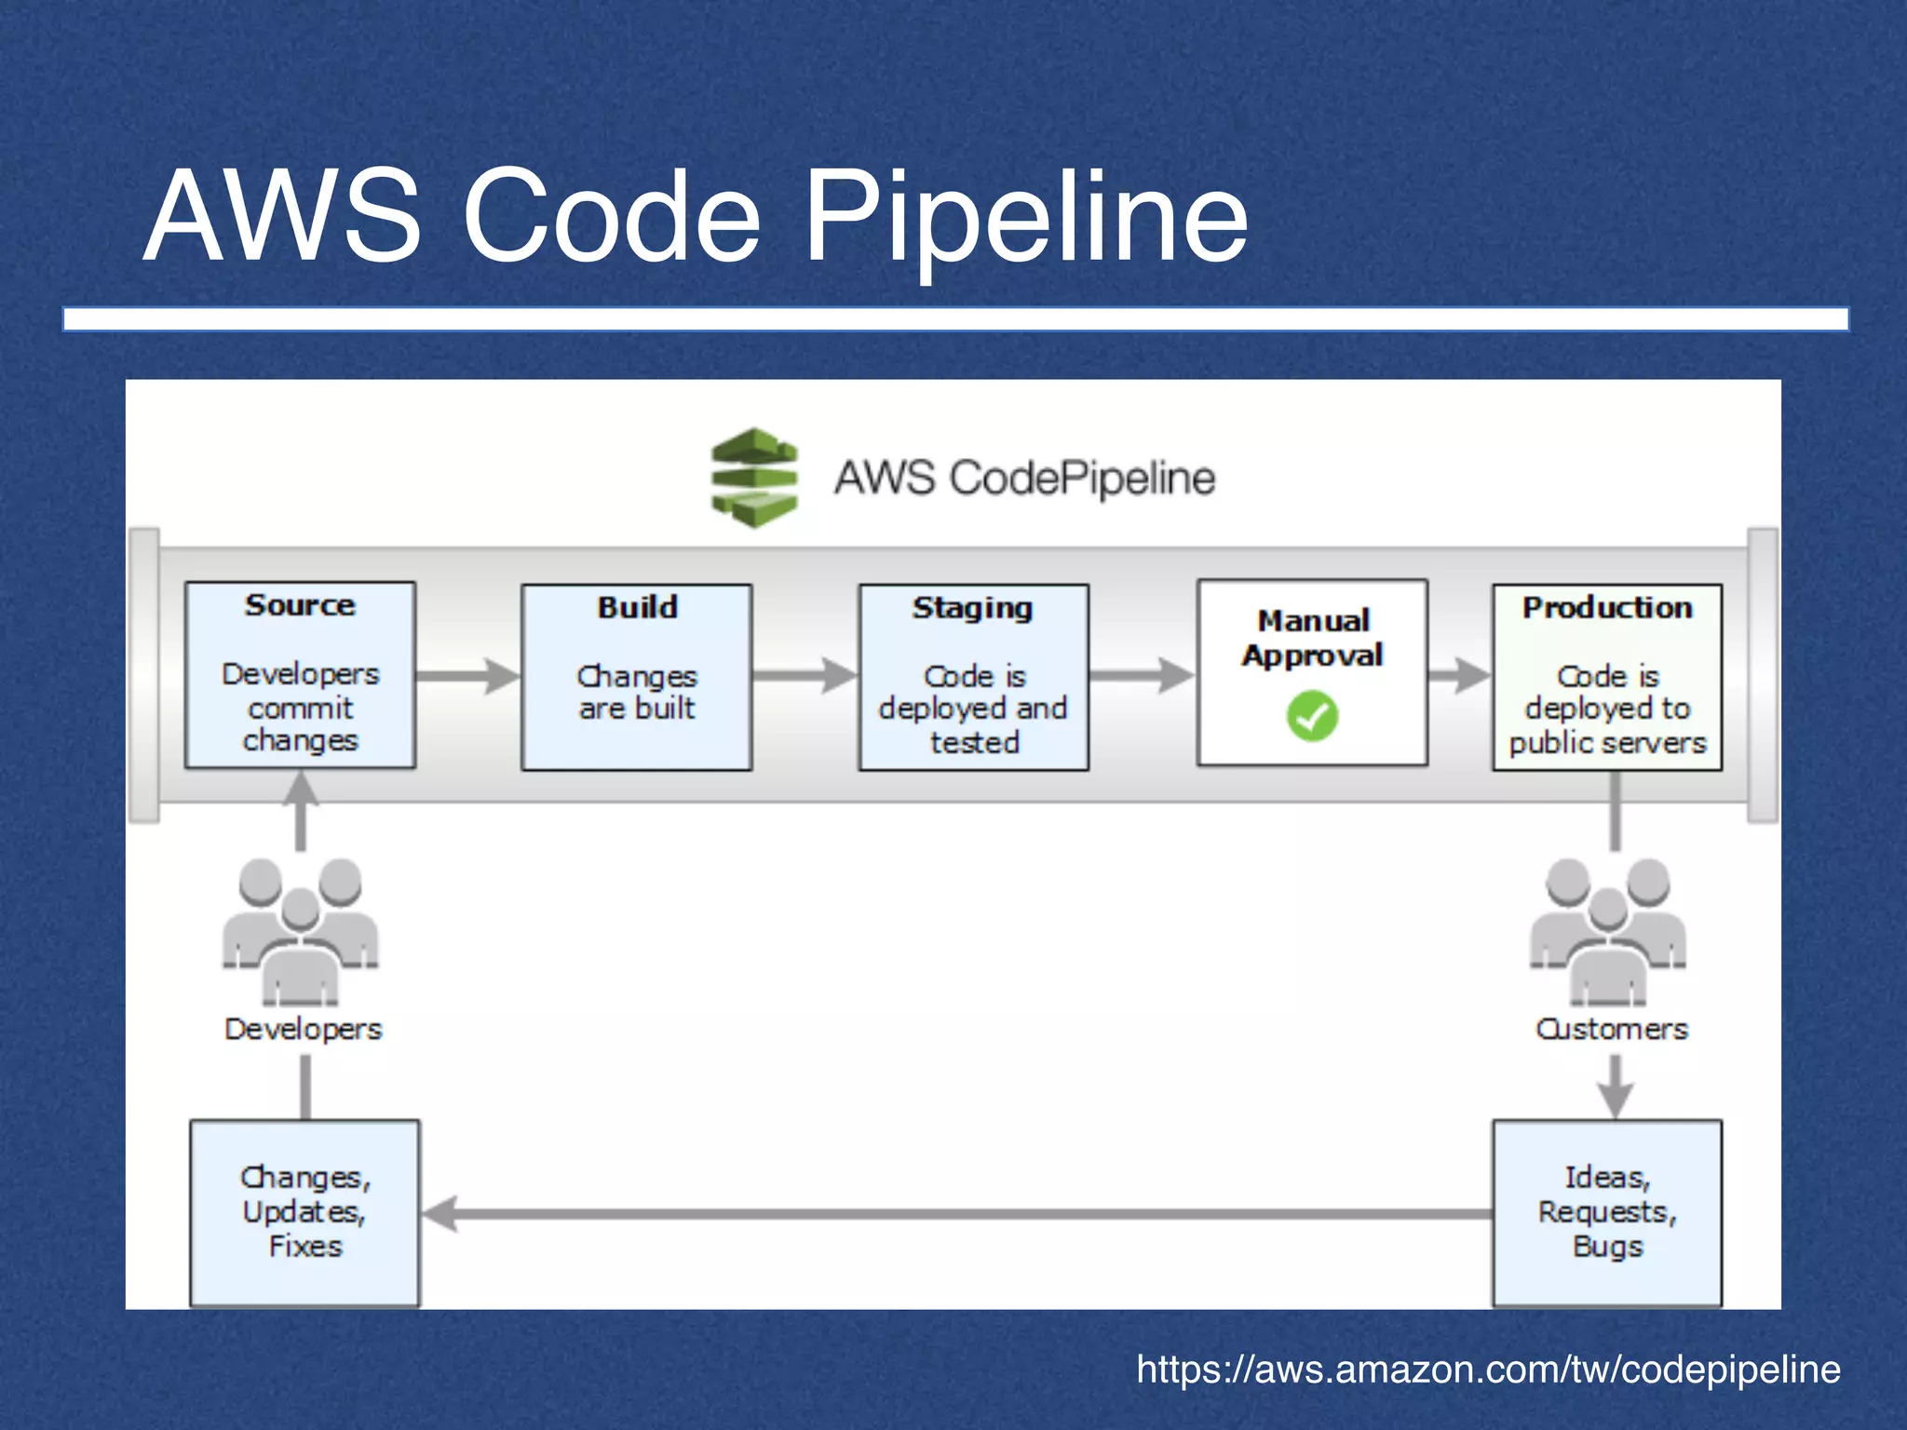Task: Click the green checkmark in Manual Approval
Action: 1312,716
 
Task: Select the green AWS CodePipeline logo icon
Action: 754,478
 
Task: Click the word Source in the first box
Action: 300,605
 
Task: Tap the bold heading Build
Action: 637,607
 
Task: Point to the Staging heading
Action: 972,608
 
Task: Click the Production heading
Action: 1607,607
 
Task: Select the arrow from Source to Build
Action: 467,676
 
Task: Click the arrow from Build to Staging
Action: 805,676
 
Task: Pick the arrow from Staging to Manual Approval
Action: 1142,676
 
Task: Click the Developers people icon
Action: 300,931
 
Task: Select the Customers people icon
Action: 1608,931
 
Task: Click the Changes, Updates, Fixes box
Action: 304,1212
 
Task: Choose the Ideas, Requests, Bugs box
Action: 1607,1212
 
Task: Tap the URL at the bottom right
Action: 1488,1369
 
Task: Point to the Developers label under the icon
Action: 304,1029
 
